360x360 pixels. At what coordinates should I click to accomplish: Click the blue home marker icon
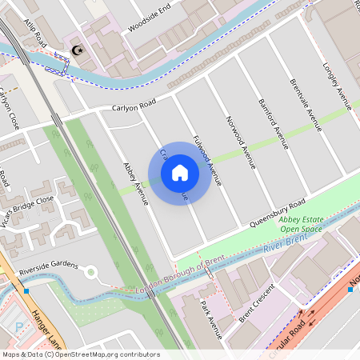[x=179, y=173]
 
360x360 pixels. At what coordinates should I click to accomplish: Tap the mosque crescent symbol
[x=78, y=51]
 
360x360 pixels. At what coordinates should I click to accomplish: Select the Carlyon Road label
[x=133, y=106]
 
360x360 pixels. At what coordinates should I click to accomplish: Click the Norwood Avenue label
[x=240, y=143]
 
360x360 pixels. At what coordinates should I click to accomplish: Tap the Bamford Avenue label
[x=274, y=124]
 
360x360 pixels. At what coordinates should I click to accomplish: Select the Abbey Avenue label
[x=135, y=183]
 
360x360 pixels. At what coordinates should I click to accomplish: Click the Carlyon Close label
[x=10, y=110]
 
